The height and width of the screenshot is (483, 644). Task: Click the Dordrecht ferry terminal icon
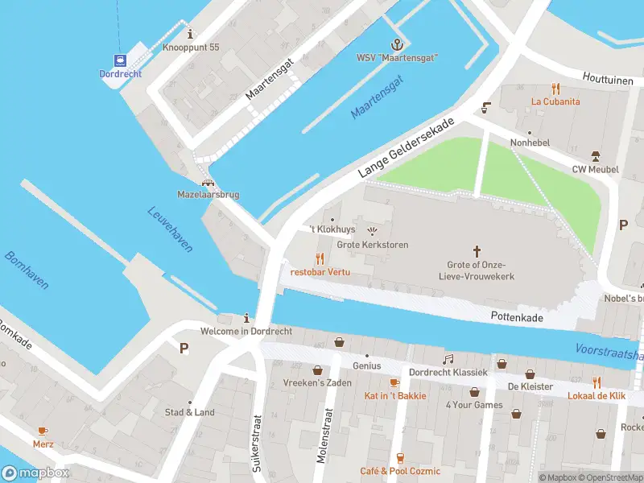121,60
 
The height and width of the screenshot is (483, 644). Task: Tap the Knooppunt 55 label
191,47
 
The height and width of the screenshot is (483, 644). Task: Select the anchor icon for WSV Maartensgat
396,43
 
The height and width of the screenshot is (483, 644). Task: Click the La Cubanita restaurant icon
555,89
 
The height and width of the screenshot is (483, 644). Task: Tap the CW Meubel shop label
595,169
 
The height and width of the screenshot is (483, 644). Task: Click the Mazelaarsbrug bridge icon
208,182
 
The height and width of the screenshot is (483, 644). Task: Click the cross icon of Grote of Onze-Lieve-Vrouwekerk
476,251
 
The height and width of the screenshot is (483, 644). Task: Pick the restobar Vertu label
320,272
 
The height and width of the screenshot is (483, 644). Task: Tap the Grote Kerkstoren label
372,245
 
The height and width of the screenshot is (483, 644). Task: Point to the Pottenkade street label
517,318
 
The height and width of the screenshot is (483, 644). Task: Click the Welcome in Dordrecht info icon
246,318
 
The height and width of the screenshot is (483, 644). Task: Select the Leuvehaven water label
170,229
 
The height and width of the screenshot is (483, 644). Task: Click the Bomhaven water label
27,270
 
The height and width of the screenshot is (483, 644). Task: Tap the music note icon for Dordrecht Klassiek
448,359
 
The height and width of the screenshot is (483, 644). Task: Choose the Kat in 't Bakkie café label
395,395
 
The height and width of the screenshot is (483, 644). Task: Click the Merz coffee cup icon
43,431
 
